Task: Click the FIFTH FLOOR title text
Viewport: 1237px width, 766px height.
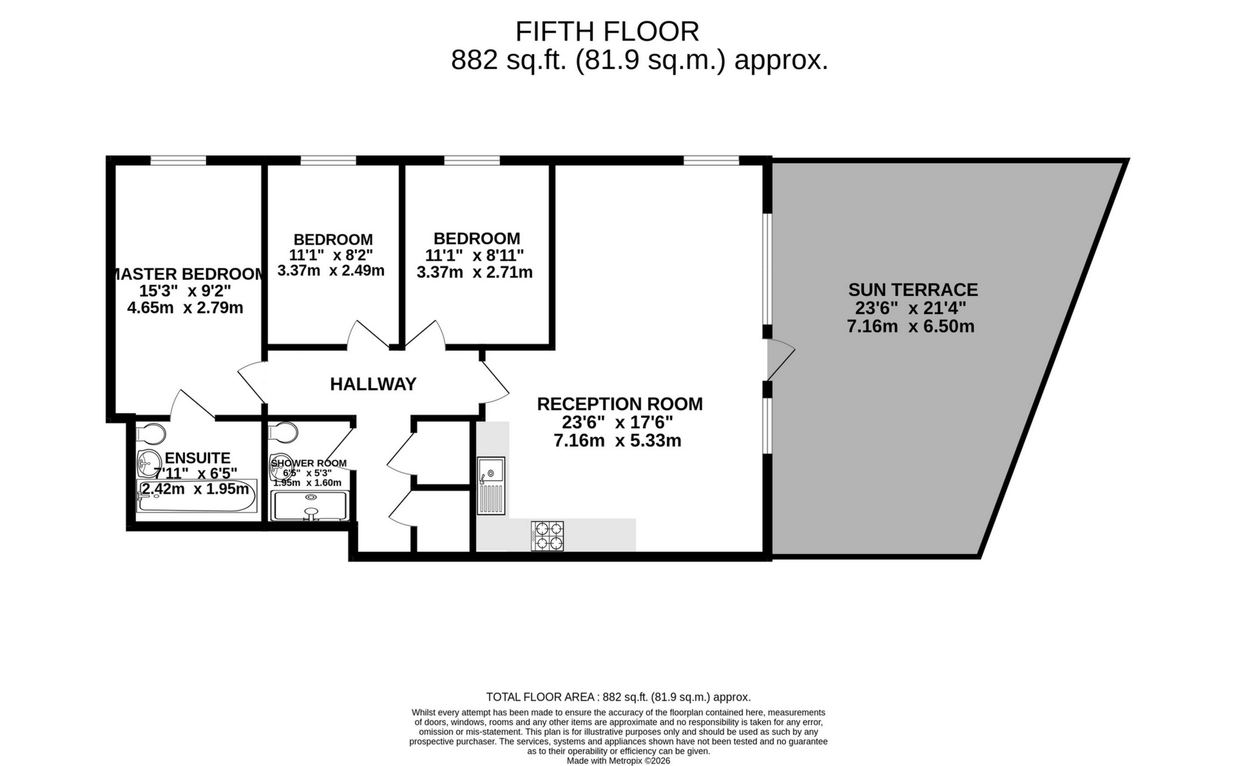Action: click(x=607, y=32)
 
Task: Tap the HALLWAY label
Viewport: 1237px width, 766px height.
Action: click(x=373, y=384)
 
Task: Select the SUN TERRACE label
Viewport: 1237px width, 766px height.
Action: click(x=913, y=290)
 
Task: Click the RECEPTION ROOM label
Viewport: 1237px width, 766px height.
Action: click(x=619, y=404)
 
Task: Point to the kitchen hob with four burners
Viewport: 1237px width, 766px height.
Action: click(x=547, y=536)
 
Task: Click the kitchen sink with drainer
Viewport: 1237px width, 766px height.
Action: click(x=491, y=485)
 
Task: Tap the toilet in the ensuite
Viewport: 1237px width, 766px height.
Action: click(x=152, y=432)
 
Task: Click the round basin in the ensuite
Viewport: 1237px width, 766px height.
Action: click(x=149, y=461)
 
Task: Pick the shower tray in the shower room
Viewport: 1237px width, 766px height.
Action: click(x=311, y=506)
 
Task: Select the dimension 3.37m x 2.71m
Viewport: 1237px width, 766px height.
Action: click(x=474, y=273)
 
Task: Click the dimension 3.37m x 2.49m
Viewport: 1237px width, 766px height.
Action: click(x=331, y=271)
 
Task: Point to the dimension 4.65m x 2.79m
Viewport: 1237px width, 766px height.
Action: click(x=185, y=308)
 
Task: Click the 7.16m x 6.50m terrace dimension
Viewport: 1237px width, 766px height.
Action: click(x=910, y=326)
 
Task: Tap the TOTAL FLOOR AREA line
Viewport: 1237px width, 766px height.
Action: click(x=618, y=697)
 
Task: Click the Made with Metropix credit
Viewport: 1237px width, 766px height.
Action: click(x=618, y=761)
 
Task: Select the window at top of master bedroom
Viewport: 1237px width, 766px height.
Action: click(x=178, y=160)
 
